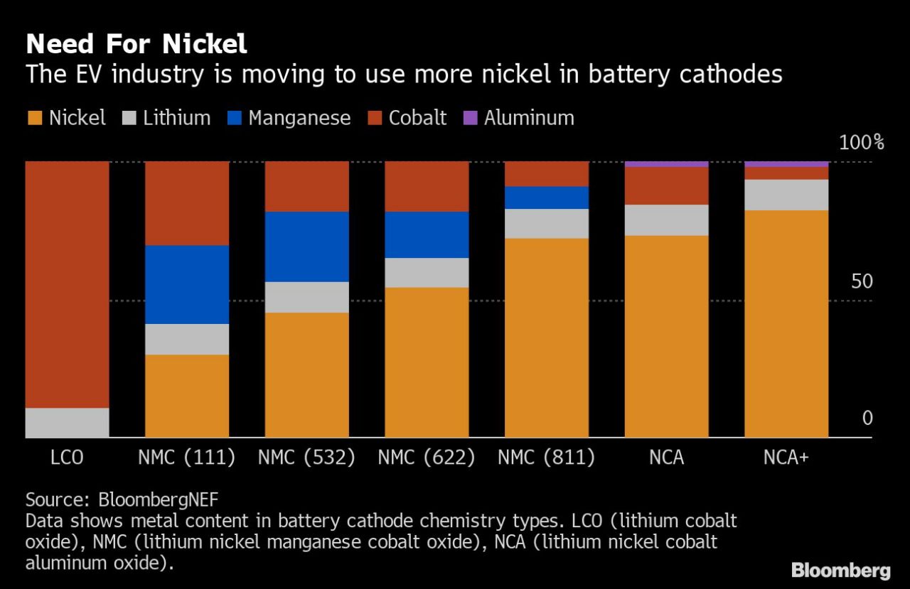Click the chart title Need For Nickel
(136, 44)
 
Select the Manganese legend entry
(290, 118)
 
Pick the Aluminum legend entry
(519, 118)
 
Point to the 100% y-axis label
(861, 143)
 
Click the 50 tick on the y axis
(862, 281)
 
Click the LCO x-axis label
(67, 458)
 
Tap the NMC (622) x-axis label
(427, 458)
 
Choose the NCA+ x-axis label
(786, 458)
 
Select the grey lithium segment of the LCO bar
(67, 423)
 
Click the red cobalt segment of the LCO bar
(67, 284)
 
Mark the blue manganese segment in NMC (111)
(187, 284)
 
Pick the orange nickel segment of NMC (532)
(306, 375)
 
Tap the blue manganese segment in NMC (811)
(547, 198)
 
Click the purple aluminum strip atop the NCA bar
(666, 164)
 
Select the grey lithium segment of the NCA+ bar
(786, 195)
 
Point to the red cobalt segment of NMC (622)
(427, 186)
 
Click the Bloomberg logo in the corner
(840, 570)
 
